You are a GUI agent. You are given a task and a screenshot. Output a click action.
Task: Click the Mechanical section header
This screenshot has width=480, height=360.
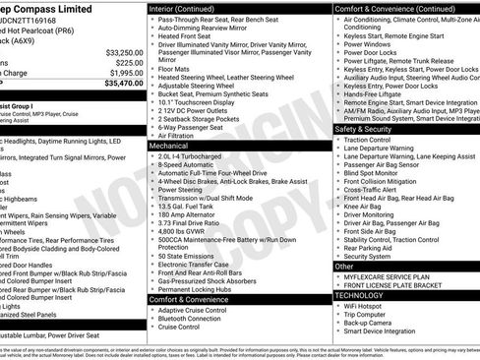tap(169, 145)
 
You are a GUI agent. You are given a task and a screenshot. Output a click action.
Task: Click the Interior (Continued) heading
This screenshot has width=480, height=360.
tap(184, 8)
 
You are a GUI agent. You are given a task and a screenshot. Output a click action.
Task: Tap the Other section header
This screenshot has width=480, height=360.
tap(344, 266)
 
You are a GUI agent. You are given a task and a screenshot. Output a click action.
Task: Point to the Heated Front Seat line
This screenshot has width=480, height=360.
tap(189, 35)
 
